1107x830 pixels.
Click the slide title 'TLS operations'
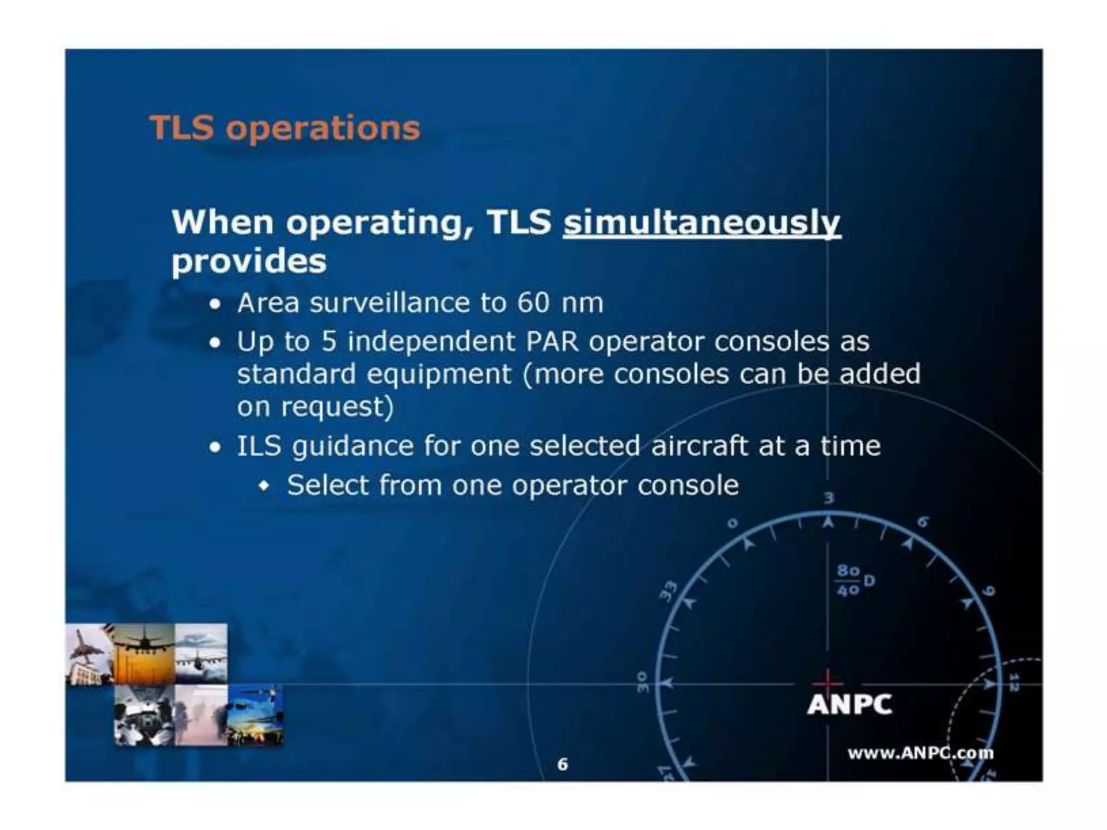(x=284, y=129)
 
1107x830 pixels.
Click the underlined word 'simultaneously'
(x=702, y=223)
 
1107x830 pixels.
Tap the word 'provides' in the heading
(x=249, y=262)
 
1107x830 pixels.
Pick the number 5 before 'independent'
(x=329, y=342)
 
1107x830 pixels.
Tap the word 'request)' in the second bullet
(x=337, y=407)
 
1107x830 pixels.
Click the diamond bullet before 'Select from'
(x=264, y=486)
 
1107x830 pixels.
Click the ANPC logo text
(x=849, y=705)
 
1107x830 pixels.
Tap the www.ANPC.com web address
(x=920, y=753)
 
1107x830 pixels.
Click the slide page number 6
(x=563, y=764)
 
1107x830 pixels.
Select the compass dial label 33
(x=669, y=591)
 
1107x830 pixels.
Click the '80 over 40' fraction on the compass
(x=848, y=580)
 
